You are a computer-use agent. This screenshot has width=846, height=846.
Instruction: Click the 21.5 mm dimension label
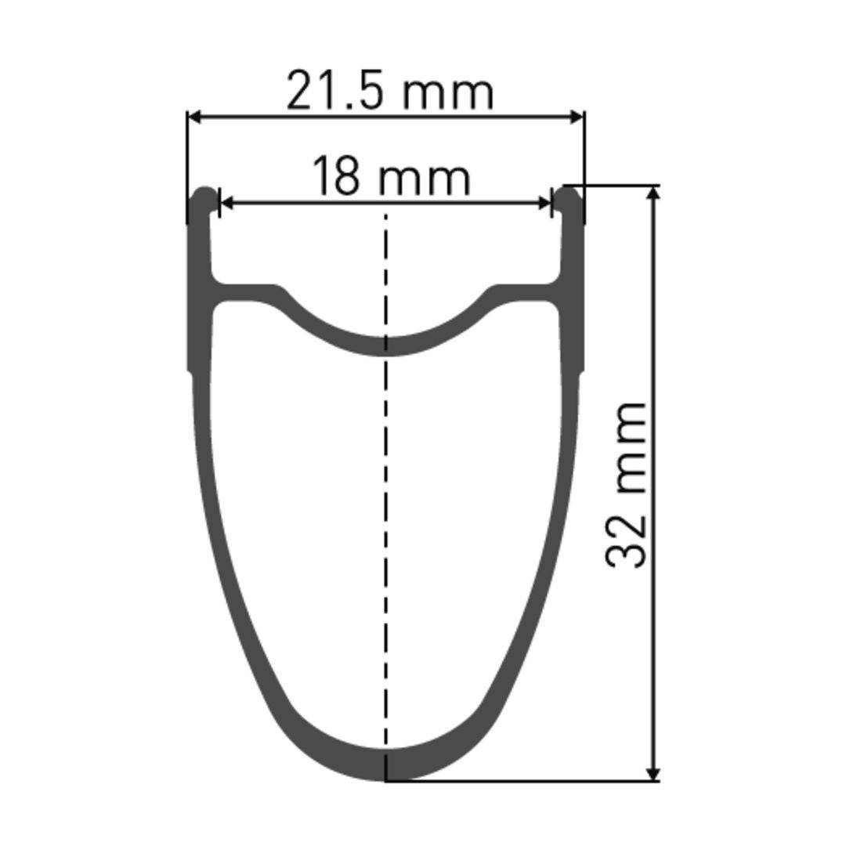pos(389,91)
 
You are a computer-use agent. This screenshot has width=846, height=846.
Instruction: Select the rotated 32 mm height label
pos(627,485)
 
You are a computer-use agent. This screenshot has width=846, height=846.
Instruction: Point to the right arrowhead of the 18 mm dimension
pos(544,203)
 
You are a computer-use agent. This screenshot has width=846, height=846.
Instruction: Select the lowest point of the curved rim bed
pos(385,346)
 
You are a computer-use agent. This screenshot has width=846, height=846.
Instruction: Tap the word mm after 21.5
pos(448,92)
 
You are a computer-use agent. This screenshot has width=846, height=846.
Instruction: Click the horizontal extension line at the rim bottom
pos(517,780)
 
